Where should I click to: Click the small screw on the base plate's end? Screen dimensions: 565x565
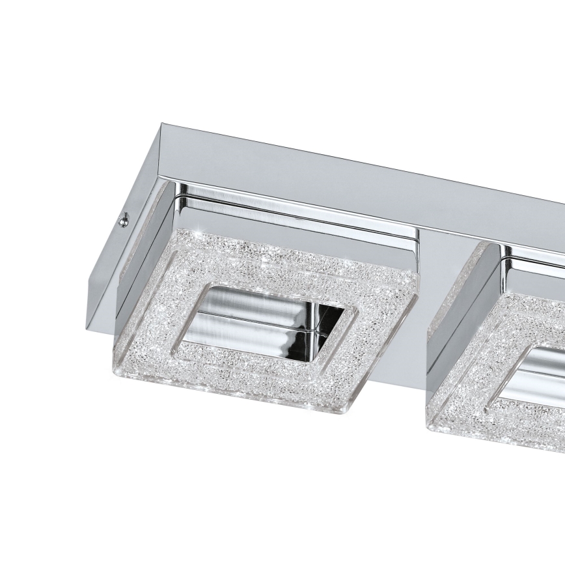point(122,222)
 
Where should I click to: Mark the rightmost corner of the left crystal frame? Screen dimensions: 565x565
point(417,274)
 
